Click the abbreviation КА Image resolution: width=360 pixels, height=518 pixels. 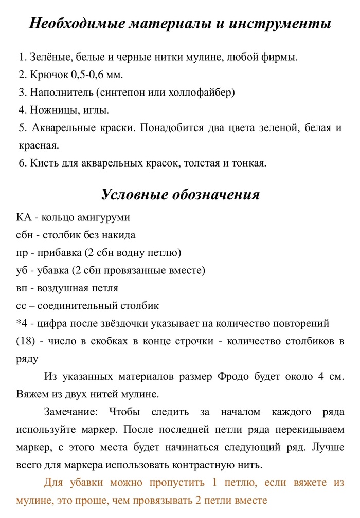coord(24,217)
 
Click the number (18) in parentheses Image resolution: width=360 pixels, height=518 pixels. coord(26,341)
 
